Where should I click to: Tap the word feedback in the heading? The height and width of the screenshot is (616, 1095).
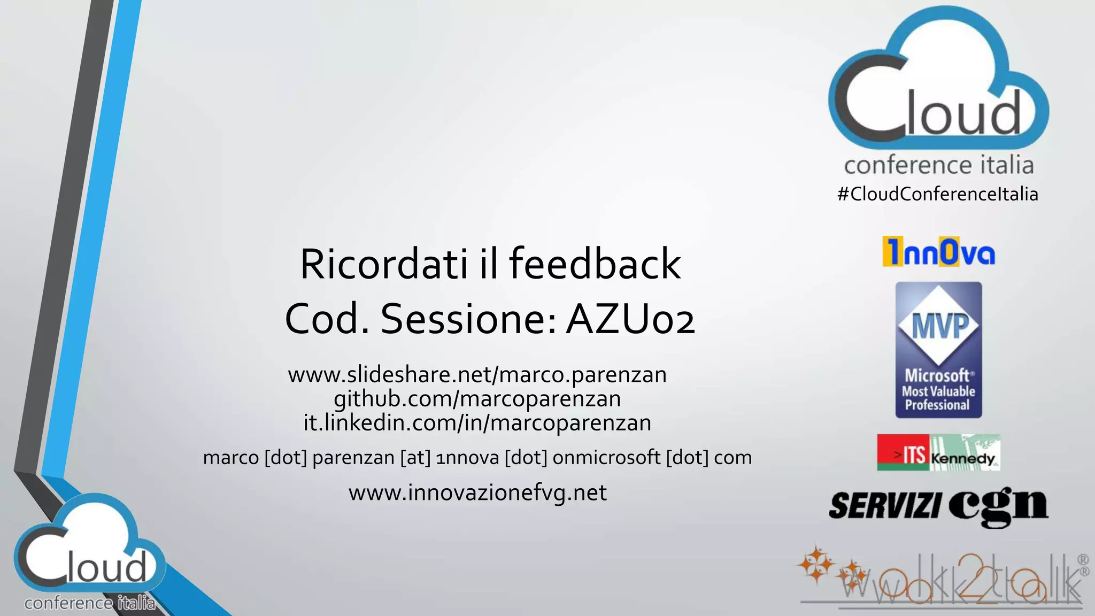tap(595, 264)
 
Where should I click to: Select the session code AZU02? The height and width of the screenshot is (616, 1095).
tap(631, 319)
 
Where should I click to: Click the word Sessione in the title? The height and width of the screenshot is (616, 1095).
tap(468, 319)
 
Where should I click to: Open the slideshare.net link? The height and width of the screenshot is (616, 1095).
tap(477, 375)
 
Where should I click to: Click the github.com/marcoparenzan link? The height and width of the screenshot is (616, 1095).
tap(477, 399)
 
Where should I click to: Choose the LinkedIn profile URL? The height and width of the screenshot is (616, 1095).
tap(477, 423)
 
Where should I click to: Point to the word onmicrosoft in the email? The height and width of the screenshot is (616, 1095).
tap(607, 458)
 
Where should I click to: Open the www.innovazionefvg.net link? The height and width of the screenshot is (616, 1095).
tap(477, 492)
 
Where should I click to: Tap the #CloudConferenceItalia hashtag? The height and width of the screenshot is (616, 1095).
tap(938, 194)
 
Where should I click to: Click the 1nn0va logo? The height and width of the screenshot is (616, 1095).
tap(938, 252)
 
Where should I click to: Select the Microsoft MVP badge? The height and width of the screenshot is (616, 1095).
tap(938, 350)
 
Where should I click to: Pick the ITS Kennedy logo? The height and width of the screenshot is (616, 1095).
tap(938, 452)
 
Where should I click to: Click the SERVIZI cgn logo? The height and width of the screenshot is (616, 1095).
tap(938, 506)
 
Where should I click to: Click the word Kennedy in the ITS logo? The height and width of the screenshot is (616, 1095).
tap(962, 459)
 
